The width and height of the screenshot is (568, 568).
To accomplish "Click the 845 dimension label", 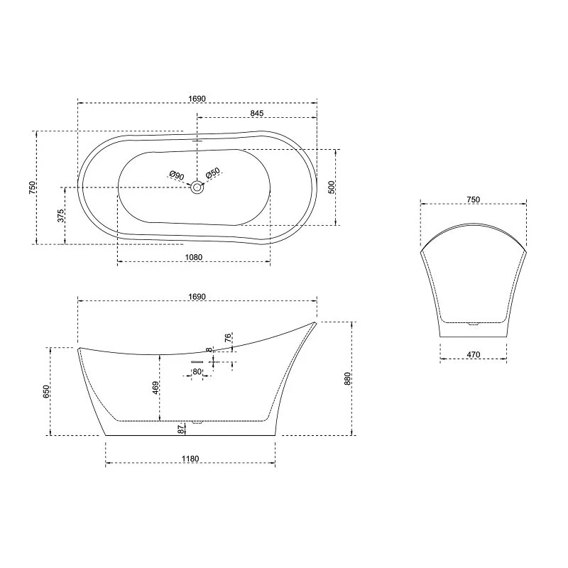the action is (257, 114).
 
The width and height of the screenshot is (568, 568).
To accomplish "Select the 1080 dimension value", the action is (194, 257).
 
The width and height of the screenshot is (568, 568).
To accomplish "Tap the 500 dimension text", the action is (332, 187).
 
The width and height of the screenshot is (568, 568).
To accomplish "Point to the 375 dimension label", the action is (61, 216).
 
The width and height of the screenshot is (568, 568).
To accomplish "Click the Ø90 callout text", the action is (177, 175).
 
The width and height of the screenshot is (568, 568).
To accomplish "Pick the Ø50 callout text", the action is (212, 173).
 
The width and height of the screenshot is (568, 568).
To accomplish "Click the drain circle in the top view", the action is (197, 187).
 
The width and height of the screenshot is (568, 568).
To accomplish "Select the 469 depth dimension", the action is (155, 388).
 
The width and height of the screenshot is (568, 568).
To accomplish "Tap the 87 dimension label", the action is (181, 430).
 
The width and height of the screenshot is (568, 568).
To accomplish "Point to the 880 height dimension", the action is (347, 378).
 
